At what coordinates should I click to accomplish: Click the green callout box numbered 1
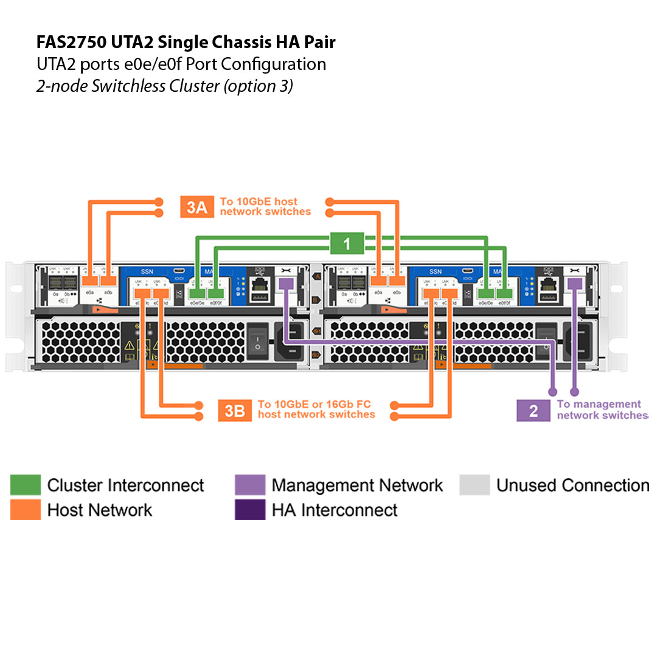tap(347, 244)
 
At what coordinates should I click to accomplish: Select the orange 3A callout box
tap(196, 207)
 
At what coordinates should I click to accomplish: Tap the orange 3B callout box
tap(234, 410)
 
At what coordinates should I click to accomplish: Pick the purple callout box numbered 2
tap(533, 410)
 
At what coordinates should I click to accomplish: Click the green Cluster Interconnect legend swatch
tap(26, 485)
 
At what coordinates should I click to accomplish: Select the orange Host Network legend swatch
tap(26, 510)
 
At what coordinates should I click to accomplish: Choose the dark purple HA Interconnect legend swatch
tap(250, 510)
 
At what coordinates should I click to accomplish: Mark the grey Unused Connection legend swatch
tap(474, 485)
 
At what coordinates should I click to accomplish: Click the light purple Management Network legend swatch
tap(250, 485)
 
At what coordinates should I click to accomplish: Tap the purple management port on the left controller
tap(286, 283)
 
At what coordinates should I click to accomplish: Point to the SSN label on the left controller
tap(147, 271)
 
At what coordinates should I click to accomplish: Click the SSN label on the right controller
tap(436, 271)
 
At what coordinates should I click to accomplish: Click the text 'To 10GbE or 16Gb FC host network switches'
tap(316, 409)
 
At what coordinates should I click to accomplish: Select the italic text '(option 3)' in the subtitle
tap(258, 86)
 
